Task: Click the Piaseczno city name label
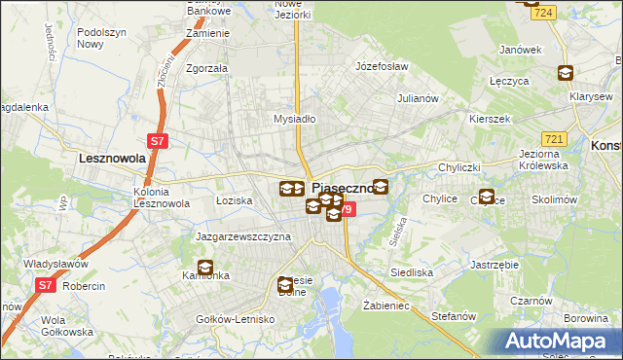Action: point(344,190)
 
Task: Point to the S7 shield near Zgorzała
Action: point(159,141)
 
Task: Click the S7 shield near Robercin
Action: point(45,285)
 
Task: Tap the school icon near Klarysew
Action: point(565,73)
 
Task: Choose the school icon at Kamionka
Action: point(205,268)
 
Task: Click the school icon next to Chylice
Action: point(487,197)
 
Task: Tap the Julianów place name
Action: point(421,98)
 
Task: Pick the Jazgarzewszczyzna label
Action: point(243,236)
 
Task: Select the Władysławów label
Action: point(56,264)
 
